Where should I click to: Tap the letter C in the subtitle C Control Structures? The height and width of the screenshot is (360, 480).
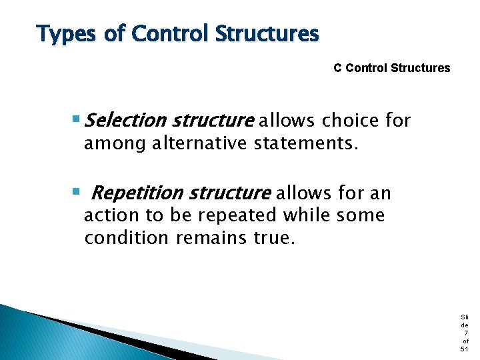pos(337,68)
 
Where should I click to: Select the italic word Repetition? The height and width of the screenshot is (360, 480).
pos(137,193)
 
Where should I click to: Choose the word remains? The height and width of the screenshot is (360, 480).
pos(213,238)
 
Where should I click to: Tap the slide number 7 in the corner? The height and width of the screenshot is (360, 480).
pos(465,333)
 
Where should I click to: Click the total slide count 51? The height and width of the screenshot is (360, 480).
pos(465,349)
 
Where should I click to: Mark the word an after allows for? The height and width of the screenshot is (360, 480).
pos(381,194)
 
